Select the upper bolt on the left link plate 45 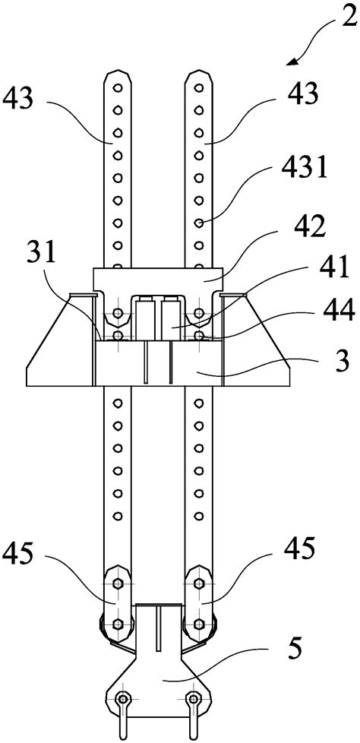[118, 583]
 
